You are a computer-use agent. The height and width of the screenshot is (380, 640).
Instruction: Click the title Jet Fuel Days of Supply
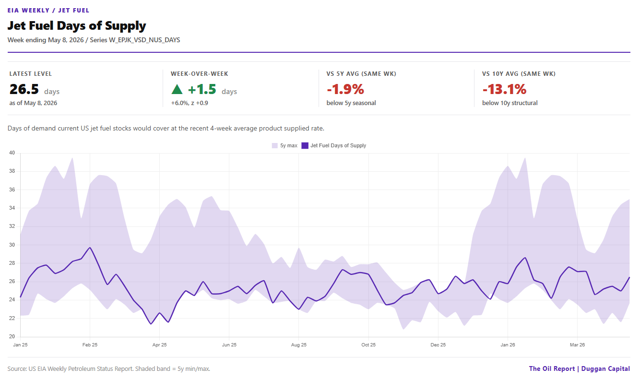click(x=77, y=26)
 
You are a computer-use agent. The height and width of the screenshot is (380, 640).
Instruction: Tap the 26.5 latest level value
click(x=24, y=89)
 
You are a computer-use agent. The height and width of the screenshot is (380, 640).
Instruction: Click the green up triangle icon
click(x=177, y=89)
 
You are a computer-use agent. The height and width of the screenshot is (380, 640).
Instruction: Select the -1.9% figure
click(x=345, y=89)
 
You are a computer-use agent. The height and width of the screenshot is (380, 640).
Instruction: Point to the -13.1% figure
click(x=504, y=89)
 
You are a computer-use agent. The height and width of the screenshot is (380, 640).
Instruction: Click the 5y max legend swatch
click(x=274, y=146)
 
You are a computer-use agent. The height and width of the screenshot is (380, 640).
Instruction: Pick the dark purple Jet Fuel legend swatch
click(x=305, y=146)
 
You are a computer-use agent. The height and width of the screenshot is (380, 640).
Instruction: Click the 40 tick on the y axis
click(x=12, y=153)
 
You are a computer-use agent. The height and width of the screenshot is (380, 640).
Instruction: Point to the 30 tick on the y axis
click(x=12, y=245)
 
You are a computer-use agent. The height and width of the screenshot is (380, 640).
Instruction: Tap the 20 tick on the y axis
click(x=12, y=336)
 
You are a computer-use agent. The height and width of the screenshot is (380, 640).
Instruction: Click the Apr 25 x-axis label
click(x=159, y=345)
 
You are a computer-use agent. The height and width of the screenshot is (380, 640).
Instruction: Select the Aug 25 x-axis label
click(x=298, y=345)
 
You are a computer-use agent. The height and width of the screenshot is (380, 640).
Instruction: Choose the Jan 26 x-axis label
click(x=508, y=345)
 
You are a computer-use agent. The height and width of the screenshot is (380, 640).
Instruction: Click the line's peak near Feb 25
click(x=90, y=248)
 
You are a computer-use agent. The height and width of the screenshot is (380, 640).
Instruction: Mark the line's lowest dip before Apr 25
click(x=151, y=324)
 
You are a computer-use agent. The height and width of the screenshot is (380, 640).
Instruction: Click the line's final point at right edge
click(x=629, y=277)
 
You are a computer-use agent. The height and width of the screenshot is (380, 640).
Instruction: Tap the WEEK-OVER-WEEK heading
click(x=200, y=74)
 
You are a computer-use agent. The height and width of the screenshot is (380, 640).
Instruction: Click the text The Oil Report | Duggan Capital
click(x=580, y=368)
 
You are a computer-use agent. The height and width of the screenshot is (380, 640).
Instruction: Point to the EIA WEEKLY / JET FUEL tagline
click(x=48, y=10)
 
